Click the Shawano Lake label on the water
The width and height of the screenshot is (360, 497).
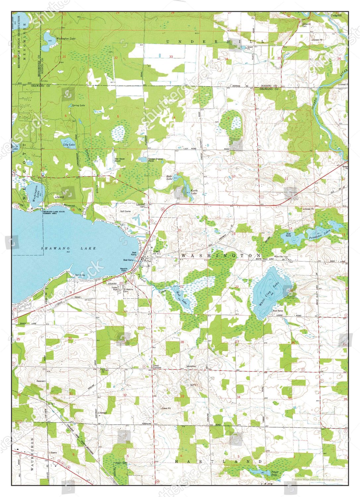68,248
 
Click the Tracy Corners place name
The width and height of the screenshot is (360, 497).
156,367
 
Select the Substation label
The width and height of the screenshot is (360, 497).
191,366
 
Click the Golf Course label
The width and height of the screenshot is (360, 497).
125,211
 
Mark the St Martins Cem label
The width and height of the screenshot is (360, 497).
128,290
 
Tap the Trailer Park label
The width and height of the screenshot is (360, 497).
115,289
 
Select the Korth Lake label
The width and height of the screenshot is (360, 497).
194,192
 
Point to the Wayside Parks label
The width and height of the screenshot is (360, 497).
124,270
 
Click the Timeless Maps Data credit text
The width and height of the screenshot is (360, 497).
317,479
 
